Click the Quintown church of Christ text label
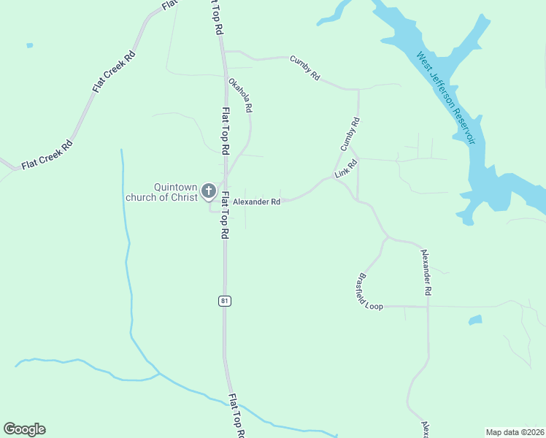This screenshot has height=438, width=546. pos(161,191)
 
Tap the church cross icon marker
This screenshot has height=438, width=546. pos(208,192)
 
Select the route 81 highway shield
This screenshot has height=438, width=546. pos(225,301)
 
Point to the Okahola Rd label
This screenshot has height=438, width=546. pos(240,95)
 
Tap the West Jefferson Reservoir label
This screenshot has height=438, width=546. pos(446,97)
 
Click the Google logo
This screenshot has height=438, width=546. pos(24,429)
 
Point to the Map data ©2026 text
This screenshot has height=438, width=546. pos(515,432)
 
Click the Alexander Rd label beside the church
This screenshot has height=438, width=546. pos(256,201)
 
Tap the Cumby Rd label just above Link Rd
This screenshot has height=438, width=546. pos(350,135)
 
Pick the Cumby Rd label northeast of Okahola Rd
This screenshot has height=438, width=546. pos(305,68)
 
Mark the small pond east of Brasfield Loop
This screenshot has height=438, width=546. pos(475,320)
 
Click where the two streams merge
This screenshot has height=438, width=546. pos(159,374)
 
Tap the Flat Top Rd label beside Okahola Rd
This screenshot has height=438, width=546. pos(226,129)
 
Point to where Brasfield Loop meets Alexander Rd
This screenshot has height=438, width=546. pos(428,307)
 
